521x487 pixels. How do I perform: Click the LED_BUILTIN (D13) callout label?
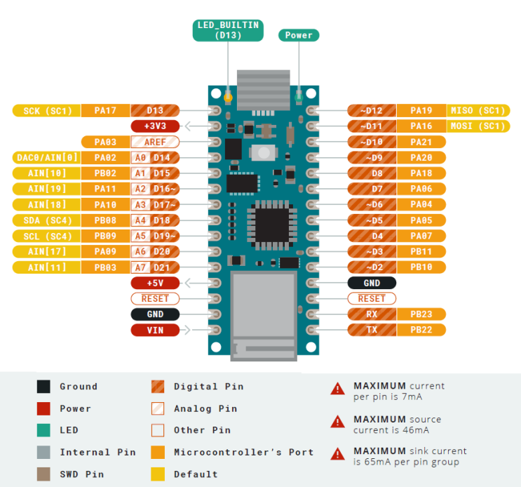tap(228, 30)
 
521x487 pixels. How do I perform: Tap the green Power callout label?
tap(299, 35)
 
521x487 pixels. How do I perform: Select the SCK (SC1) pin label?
tap(42, 110)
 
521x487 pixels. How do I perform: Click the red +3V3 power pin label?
tap(155, 126)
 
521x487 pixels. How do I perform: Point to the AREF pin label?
tap(155, 142)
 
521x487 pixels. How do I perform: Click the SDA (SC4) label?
tap(42, 220)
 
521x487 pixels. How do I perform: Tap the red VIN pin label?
tap(155, 330)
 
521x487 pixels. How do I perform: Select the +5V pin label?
tap(155, 283)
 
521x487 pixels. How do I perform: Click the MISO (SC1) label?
tap(477, 110)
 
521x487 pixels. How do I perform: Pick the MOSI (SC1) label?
tap(477, 126)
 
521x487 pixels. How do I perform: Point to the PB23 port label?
tap(421, 314)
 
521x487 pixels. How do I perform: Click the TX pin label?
tap(372, 330)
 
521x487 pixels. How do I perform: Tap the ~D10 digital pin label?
tap(372, 142)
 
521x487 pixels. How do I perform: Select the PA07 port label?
tap(421, 236)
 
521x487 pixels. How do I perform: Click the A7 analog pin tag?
tap(140, 267)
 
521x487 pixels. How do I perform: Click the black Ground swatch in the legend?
tap(43, 387)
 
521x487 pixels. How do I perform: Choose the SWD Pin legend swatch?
tap(43, 474)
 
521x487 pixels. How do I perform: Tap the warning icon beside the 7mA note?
tap(338, 387)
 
